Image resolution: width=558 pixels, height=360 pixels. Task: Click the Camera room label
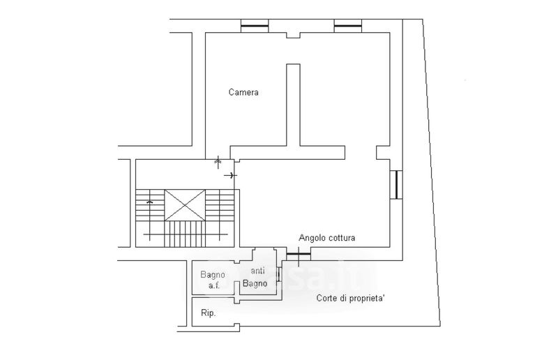[243, 92]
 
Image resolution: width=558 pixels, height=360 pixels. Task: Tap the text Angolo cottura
[327, 238]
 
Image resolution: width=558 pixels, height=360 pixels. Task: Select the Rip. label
[208, 313]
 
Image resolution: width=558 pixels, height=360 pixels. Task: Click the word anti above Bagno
[258, 271]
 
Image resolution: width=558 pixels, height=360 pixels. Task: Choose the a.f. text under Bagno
[213, 285]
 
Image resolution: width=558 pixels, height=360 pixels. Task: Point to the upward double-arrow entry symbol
[218, 161]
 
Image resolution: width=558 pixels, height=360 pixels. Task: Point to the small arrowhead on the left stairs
[150, 202]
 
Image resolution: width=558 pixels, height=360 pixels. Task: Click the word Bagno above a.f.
[213, 274]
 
